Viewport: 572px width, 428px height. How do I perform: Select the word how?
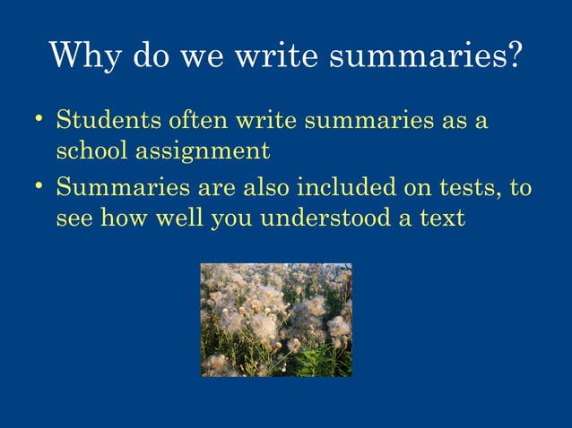pos(122,218)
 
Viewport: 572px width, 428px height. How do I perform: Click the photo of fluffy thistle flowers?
pos(275,320)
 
